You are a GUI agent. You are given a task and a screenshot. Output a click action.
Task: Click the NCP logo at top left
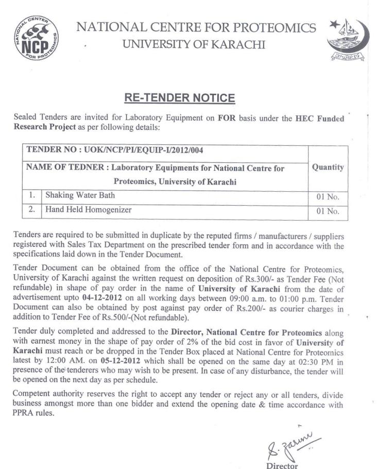[x=36, y=39]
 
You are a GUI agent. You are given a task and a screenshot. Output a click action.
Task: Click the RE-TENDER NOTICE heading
[x=180, y=98]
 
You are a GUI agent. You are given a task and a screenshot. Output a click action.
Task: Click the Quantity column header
[x=328, y=167]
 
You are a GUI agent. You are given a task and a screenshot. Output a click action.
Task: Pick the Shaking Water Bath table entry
[x=80, y=195]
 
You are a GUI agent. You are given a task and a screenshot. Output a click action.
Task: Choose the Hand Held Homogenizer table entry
[x=89, y=210]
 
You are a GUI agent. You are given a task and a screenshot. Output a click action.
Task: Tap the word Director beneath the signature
[x=282, y=465]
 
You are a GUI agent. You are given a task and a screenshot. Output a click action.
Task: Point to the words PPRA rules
[x=36, y=413]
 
